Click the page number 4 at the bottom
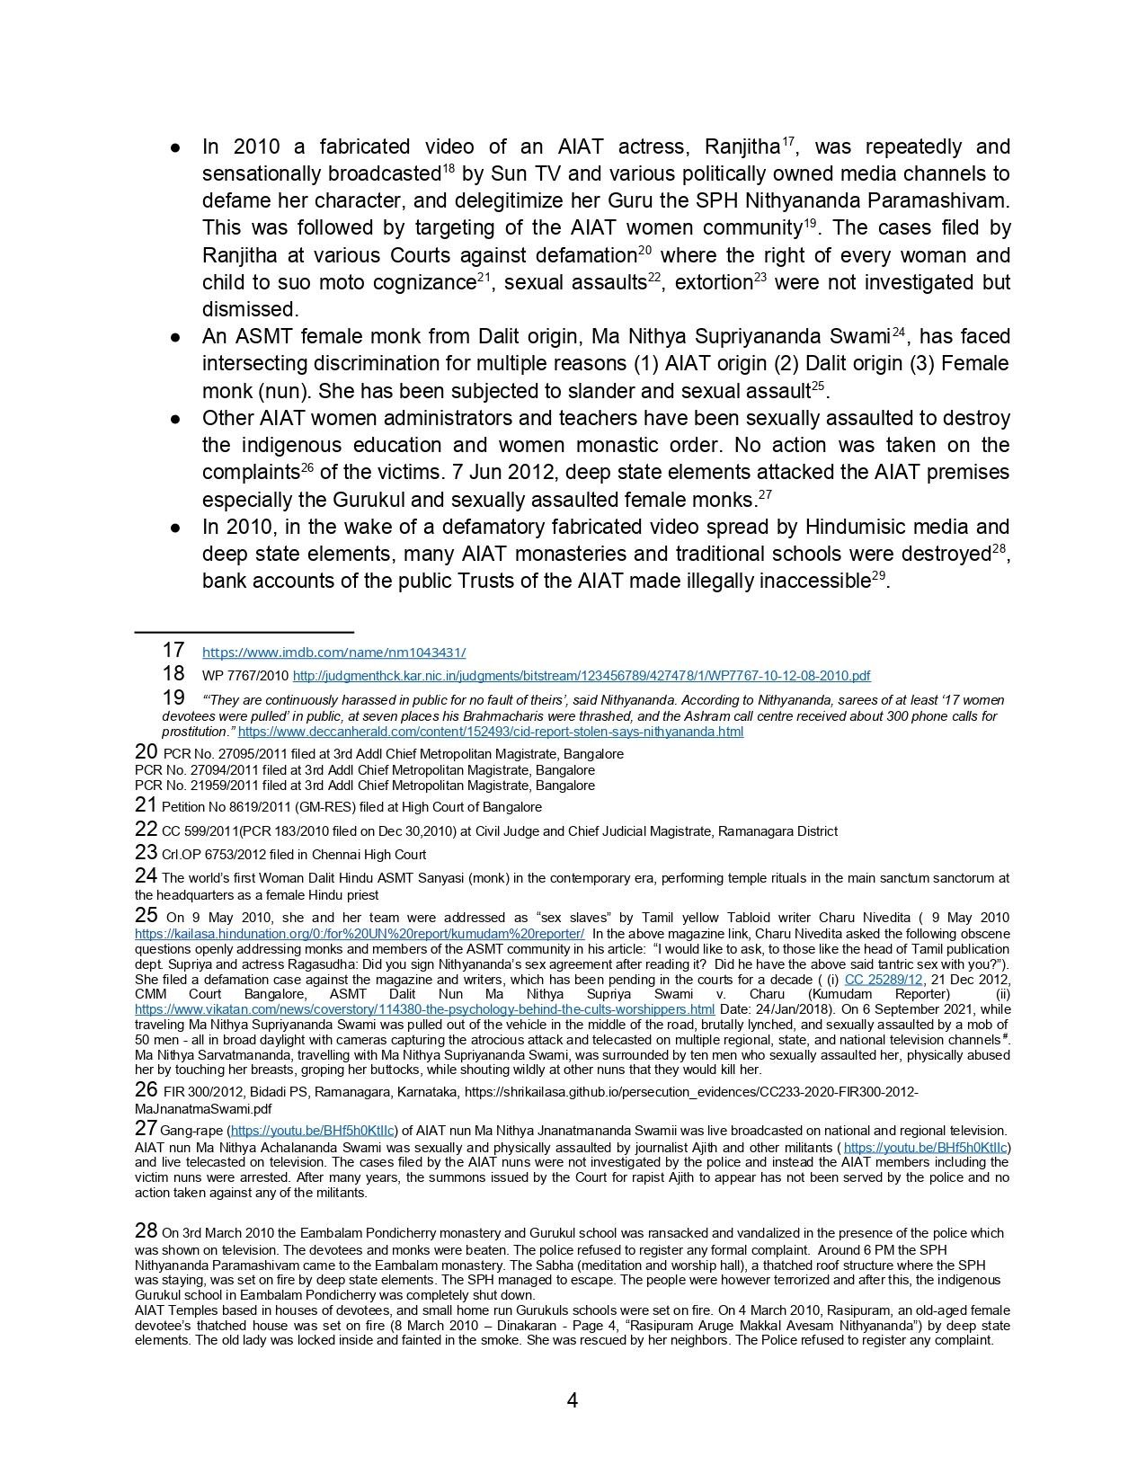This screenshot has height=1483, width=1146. [x=573, y=1400]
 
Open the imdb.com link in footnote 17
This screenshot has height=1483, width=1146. [x=333, y=653]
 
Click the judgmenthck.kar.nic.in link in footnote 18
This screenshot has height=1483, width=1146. [x=582, y=676]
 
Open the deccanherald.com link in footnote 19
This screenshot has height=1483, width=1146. [x=490, y=732]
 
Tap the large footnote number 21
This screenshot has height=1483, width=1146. [x=146, y=805]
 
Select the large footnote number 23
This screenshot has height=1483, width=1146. [x=146, y=852]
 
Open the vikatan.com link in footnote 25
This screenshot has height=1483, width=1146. [x=424, y=1009]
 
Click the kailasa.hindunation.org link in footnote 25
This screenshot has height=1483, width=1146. [x=360, y=934]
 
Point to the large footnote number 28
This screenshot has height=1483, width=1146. [x=146, y=1231]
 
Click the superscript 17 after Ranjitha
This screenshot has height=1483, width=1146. [x=787, y=141]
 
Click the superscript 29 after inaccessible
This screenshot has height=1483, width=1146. [x=878, y=575]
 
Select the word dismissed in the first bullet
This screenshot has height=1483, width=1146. [x=249, y=310]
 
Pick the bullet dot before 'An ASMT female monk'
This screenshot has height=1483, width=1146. [x=177, y=337]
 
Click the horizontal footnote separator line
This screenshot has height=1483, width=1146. [x=244, y=633]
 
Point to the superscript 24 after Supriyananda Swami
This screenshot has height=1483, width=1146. [x=898, y=332]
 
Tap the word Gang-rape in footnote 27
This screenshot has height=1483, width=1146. [x=193, y=1131]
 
